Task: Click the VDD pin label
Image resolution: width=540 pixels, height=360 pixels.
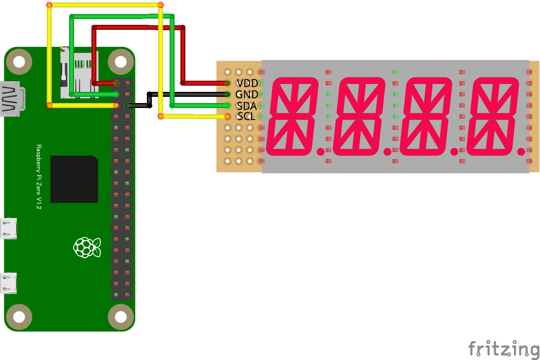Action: [x=247, y=83]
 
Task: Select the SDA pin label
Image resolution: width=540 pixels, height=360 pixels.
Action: [x=247, y=106]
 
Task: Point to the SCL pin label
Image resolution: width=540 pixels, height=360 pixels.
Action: [x=246, y=116]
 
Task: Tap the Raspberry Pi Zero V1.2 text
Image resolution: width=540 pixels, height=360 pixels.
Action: [x=39, y=177]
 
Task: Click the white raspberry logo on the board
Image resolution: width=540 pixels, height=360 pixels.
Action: [x=87, y=247]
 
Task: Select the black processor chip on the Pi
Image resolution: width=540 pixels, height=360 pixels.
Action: [x=74, y=179]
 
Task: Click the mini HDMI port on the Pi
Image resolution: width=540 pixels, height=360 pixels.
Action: [x=12, y=99]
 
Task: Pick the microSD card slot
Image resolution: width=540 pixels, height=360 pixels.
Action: [x=79, y=72]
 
